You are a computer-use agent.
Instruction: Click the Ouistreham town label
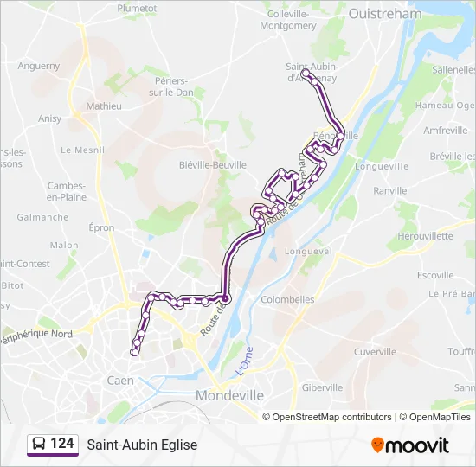pos(384,14)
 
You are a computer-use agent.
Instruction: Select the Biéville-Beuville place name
pos(212,164)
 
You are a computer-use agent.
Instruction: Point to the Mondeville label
pos(230,395)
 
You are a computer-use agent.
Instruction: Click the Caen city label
pos(119,381)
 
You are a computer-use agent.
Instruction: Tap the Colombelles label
pos(287,300)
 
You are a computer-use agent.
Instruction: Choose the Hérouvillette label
pos(425,235)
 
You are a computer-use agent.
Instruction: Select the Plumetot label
pos(137,7)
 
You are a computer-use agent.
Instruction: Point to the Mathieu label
pos(104,106)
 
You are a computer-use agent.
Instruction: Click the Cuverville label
pos(375,352)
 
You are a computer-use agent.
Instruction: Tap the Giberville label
pos(323,387)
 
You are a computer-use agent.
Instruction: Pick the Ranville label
pos(389,191)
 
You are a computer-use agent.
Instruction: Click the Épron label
pos(102,227)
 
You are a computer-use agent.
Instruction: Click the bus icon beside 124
pos(38,445)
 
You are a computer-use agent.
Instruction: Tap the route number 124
pos(61,445)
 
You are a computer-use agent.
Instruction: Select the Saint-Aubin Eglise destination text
pos(142,445)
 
